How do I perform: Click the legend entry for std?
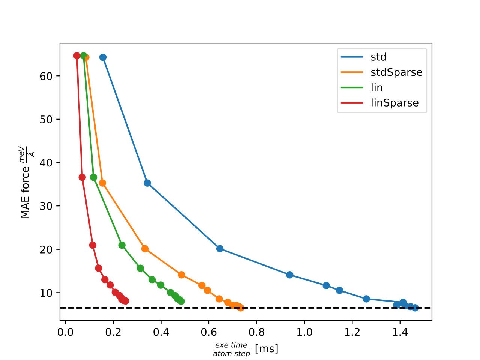[378, 57]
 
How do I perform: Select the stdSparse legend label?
[396, 72]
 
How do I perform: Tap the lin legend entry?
[376, 88]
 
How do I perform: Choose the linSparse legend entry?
[394, 103]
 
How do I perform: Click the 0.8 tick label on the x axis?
[256, 332]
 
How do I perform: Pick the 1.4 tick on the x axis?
[400, 332]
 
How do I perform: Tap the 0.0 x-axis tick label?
[65, 332]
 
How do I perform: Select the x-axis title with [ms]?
[246, 349]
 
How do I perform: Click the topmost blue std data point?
[103, 57]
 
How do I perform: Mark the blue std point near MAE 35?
[147, 183]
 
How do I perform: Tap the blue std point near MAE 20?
[220, 249]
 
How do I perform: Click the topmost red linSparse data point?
[77, 56]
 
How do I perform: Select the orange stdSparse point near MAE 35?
[102, 183]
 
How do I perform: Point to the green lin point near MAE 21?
[122, 245]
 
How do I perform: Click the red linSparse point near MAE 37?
[82, 177]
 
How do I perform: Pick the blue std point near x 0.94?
[289, 275]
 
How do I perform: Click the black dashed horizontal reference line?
[319, 308]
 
